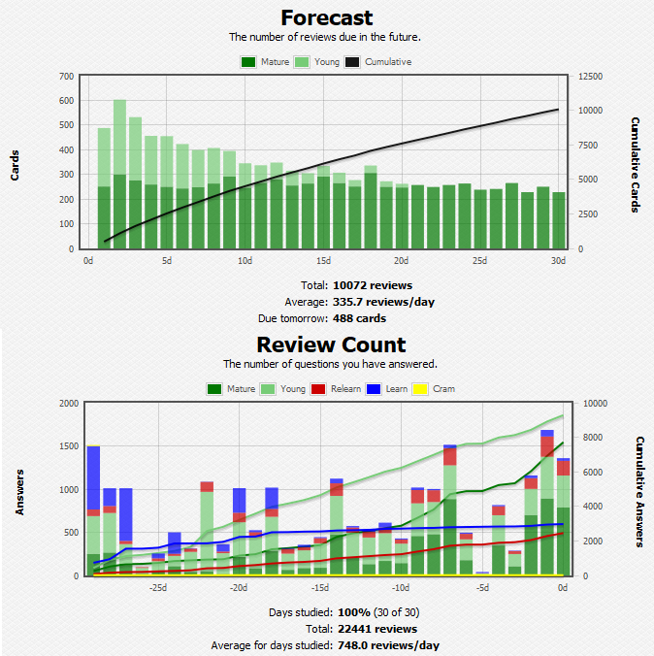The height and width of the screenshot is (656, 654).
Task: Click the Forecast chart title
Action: click(327, 17)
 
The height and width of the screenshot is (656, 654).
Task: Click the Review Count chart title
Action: click(331, 344)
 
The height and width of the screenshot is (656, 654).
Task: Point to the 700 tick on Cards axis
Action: click(66, 76)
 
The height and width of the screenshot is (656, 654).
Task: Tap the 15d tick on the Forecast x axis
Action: click(323, 261)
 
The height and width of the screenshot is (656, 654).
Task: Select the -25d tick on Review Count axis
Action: click(157, 588)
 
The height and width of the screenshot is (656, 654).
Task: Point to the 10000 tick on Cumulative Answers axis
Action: click(594, 403)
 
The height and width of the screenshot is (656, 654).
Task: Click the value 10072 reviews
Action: click(373, 285)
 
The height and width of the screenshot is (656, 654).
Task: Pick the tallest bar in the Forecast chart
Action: click(120, 175)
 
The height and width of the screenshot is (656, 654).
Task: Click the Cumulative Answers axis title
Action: click(640, 489)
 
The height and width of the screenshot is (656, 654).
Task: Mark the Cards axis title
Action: click(15, 162)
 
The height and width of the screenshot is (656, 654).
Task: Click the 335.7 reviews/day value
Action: click(383, 302)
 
